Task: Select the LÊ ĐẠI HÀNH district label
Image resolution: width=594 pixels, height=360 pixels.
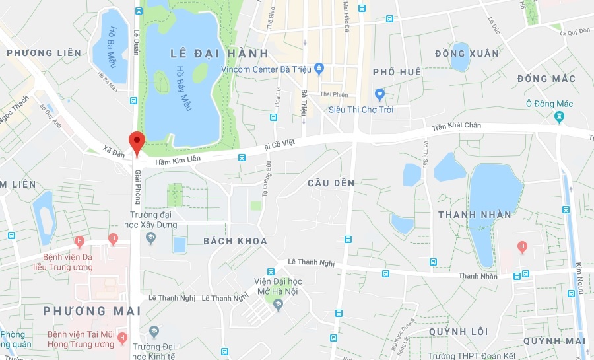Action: [x=219, y=53]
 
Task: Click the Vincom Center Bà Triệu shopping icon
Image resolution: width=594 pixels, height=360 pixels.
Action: [x=319, y=68]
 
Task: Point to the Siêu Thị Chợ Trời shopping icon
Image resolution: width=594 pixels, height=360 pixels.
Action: [x=379, y=94]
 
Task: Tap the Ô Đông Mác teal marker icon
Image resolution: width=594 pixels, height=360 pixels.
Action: [x=560, y=117]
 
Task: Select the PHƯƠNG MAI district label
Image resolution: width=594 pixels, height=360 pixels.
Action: [x=83, y=310]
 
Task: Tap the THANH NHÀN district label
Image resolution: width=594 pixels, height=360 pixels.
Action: [x=475, y=214]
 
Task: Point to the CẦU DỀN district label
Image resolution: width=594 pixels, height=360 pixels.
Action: [x=331, y=183]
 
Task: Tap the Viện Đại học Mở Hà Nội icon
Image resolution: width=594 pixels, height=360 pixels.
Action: [x=278, y=304]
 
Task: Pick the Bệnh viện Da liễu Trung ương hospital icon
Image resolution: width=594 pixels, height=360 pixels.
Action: [x=79, y=241]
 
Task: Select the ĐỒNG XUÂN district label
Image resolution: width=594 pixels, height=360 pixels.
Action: [x=467, y=53]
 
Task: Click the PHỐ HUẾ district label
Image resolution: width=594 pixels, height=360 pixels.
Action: [x=397, y=71]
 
